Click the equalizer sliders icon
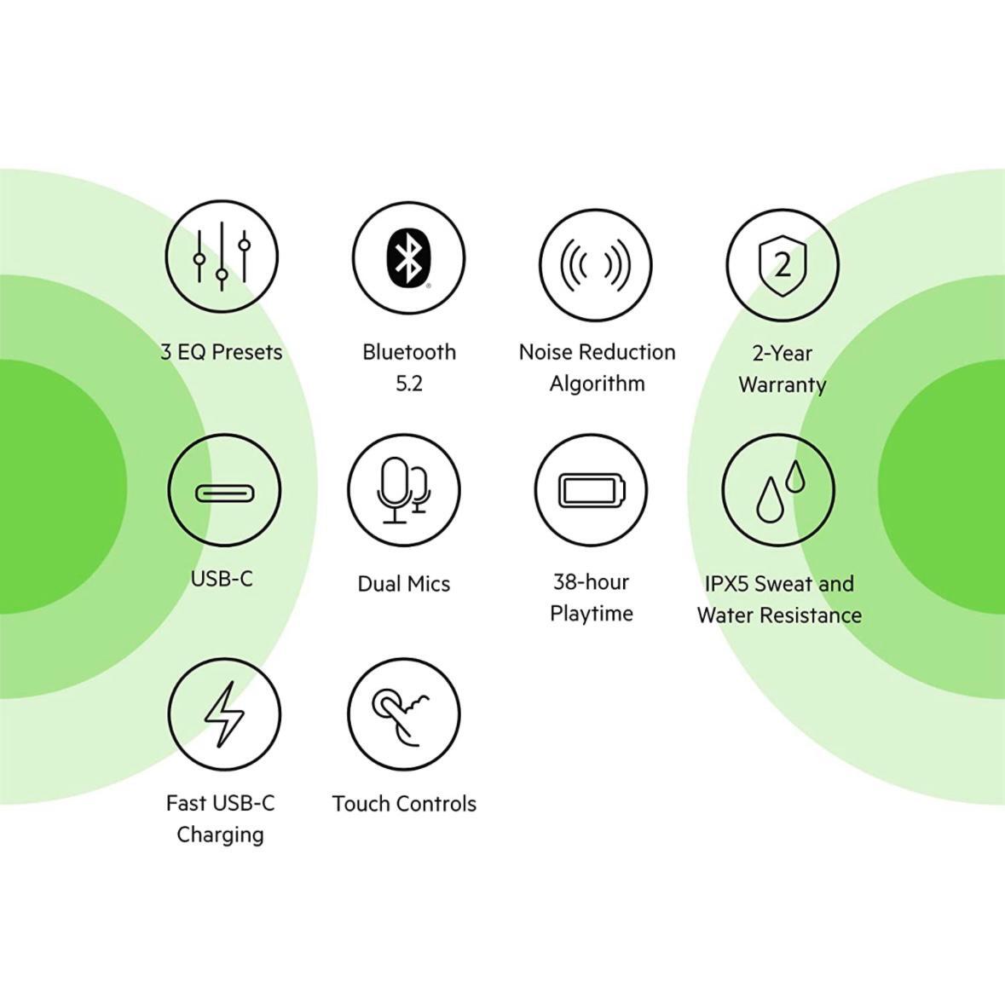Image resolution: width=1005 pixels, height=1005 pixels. (222, 257)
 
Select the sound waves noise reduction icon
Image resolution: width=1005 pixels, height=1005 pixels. (596, 264)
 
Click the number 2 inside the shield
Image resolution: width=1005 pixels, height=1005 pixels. (783, 264)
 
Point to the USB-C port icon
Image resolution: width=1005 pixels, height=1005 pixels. (224, 493)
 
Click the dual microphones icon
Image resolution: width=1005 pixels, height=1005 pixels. (404, 490)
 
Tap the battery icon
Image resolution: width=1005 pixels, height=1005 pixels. (592, 491)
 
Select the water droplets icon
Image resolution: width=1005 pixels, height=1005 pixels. (780, 491)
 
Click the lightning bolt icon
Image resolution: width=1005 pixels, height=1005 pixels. (223, 714)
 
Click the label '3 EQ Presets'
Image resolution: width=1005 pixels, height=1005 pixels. (221, 352)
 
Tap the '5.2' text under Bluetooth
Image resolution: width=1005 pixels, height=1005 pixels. (409, 384)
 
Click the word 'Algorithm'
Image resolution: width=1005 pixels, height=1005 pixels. (598, 384)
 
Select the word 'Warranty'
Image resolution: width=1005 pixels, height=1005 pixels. (783, 384)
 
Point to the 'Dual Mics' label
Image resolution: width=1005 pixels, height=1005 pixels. (404, 584)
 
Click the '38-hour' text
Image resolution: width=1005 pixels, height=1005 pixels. (591, 582)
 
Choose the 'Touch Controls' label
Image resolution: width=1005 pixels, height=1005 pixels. (404, 804)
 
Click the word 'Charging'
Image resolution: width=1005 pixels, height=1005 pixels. (221, 835)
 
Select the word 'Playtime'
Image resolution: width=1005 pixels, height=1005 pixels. (592, 614)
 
